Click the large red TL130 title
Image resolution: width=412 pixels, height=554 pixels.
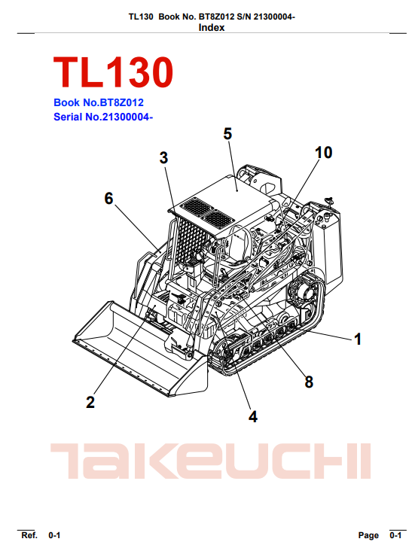tap(113, 72)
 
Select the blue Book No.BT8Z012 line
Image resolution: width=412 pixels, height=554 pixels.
tap(99, 102)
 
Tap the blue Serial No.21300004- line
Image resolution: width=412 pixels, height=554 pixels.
tap(103, 117)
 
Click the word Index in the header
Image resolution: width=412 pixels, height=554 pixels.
tap(212, 28)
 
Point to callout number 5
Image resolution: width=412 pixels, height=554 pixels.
tap(227, 134)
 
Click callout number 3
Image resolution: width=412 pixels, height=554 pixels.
tap(163, 157)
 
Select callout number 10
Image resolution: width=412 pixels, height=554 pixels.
tap(323, 153)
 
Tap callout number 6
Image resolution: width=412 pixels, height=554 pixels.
tap(108, 198)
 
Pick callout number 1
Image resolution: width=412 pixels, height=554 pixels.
tap(358, 339)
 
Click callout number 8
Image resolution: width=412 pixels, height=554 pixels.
tap(309, 382)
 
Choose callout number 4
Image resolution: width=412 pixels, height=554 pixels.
tap(253, 417)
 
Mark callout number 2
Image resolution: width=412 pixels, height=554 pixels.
tap(90, 403)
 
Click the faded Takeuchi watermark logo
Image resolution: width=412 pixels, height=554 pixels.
tap(211, 461)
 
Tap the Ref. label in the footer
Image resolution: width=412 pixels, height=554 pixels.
tap(29, 535)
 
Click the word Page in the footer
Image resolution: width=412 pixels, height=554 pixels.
tap(368, 536)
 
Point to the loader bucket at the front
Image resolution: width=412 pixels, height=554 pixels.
tap(139, 348)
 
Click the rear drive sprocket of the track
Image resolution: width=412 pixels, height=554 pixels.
tap(304, 294)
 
